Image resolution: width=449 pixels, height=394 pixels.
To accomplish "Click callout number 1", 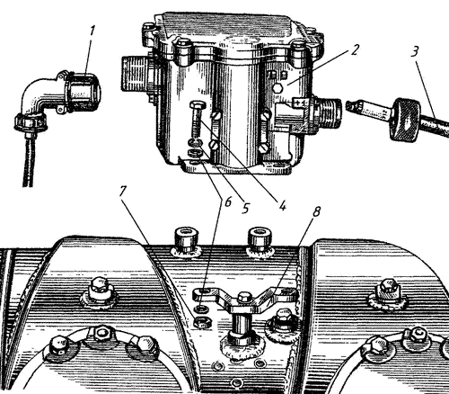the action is point(92,32).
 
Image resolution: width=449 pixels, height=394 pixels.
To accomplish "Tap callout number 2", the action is point(354,49).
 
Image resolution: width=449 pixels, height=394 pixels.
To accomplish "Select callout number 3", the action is point(415,52).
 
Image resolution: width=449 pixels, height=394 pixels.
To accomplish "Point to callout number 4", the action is point(282,205).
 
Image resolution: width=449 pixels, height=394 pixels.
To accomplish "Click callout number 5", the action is point(245,208).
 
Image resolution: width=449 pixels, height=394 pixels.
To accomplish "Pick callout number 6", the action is point(227,202).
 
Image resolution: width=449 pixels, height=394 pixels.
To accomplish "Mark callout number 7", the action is point(122,192).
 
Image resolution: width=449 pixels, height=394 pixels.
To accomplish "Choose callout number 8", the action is point(316,211).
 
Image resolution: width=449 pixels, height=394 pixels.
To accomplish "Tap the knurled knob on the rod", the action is point(404,119).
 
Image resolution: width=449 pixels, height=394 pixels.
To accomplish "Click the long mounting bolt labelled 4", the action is point(197,120).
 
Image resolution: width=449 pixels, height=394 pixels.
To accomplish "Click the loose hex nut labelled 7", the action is point(202,322).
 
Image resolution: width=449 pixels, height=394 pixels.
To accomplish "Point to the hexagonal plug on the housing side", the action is point(277,88).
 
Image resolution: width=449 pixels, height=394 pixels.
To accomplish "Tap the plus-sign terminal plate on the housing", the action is point(301,103).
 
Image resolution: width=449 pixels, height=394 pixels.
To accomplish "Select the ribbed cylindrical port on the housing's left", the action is point(134,73).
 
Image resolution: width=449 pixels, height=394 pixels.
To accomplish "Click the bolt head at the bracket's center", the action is point(243,298).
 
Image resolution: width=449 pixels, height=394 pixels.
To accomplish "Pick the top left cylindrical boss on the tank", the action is point(186,240).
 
